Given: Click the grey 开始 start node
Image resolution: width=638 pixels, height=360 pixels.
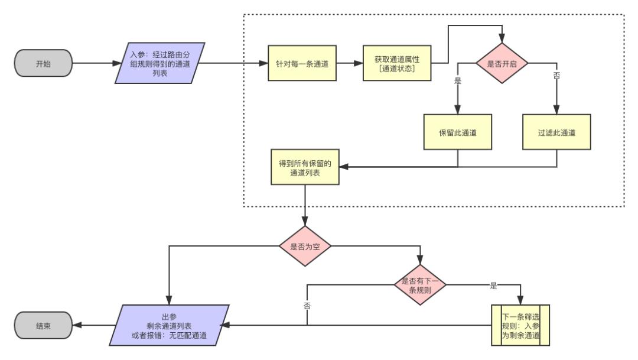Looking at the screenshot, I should [43, 63].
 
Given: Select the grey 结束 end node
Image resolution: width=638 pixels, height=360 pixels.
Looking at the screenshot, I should [43, 325].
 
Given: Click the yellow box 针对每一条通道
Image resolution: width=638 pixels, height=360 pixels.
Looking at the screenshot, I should [302, 63].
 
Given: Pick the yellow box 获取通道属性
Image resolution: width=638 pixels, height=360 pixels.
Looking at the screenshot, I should [396, 63].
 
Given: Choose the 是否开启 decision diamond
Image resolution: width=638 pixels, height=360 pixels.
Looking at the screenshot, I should [502, 63].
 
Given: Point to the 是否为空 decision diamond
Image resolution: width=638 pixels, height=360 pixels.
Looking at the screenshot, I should [305, 246].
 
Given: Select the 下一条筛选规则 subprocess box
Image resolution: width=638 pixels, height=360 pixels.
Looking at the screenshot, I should [521, 325].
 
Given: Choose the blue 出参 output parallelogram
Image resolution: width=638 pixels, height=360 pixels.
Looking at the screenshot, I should [170, 325].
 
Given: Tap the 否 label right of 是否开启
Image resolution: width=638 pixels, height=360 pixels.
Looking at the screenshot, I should [555, 76].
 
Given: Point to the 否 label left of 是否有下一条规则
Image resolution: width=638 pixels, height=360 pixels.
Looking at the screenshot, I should [307, 305].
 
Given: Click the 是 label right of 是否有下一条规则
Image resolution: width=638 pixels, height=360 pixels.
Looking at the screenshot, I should [493, 286].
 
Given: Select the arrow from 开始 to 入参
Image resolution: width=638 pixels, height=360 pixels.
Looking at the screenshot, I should [95, 63].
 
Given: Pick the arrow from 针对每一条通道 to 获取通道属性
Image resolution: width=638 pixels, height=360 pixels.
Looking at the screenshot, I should [349, 63].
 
